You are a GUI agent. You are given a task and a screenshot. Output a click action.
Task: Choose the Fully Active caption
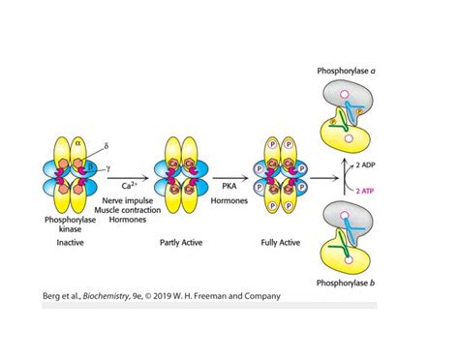coord(280,244)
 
